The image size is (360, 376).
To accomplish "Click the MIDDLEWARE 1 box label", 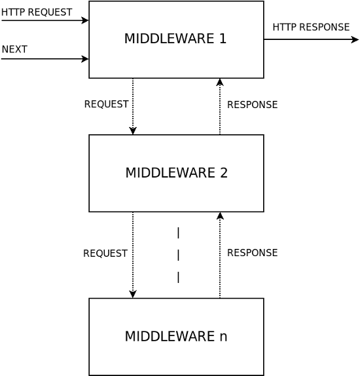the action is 175,39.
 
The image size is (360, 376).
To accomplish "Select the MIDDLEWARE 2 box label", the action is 177,173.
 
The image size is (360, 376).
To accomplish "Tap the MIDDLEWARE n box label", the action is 176,336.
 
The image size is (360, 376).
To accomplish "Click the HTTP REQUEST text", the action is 37,12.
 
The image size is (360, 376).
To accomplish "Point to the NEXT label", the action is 14,49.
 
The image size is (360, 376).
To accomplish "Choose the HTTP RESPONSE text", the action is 311,27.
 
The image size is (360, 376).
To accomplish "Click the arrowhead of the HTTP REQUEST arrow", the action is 85,20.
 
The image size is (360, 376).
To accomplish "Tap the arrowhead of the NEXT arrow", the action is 85,59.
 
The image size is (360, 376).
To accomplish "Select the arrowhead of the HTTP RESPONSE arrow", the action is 355,39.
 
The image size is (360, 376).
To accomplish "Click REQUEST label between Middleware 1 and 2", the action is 107,104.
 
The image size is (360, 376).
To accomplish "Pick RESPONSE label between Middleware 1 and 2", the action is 253,105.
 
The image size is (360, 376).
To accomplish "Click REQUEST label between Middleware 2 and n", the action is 105,254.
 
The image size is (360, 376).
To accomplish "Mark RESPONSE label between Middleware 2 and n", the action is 253,252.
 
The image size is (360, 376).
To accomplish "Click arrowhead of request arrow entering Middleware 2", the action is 133,131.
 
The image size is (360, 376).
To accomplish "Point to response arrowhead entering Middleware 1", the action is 220,82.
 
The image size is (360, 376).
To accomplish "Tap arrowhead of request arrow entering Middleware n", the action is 133,294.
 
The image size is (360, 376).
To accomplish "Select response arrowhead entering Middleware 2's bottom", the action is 220,216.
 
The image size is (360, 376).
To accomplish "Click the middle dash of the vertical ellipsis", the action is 178,255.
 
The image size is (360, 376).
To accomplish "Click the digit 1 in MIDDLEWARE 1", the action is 223,39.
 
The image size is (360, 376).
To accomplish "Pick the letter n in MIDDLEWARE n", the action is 224,337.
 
